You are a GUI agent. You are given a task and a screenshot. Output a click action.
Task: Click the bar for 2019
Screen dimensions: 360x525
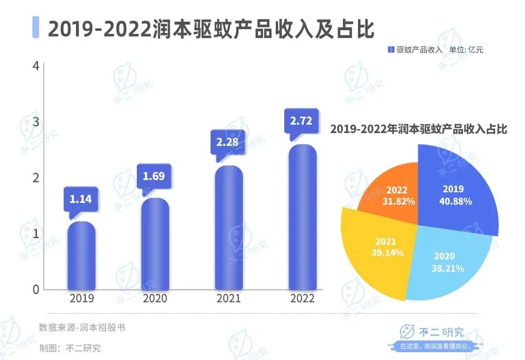point(82,256)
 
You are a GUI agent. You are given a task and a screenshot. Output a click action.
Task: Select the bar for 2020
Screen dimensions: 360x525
point(155,244)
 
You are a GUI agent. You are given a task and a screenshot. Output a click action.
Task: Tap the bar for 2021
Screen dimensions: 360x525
point(228,228)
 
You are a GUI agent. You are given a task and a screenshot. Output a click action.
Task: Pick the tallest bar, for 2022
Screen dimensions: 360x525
point(302,217)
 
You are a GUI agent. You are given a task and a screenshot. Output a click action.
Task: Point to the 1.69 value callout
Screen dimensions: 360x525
point(154,177)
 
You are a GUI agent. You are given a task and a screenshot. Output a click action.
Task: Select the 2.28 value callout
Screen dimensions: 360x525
point(227,142)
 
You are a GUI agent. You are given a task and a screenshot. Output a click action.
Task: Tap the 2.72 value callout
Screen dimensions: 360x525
point(301,120)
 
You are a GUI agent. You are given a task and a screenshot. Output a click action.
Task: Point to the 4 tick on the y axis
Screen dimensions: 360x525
point(36,66)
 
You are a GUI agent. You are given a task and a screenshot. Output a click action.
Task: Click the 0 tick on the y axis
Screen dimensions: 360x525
point(36,290)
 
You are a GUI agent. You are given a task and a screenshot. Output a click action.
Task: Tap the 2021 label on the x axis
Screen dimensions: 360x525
point(228,299)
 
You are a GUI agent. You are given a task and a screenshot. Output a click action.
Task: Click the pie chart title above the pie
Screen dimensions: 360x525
point(418,129)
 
